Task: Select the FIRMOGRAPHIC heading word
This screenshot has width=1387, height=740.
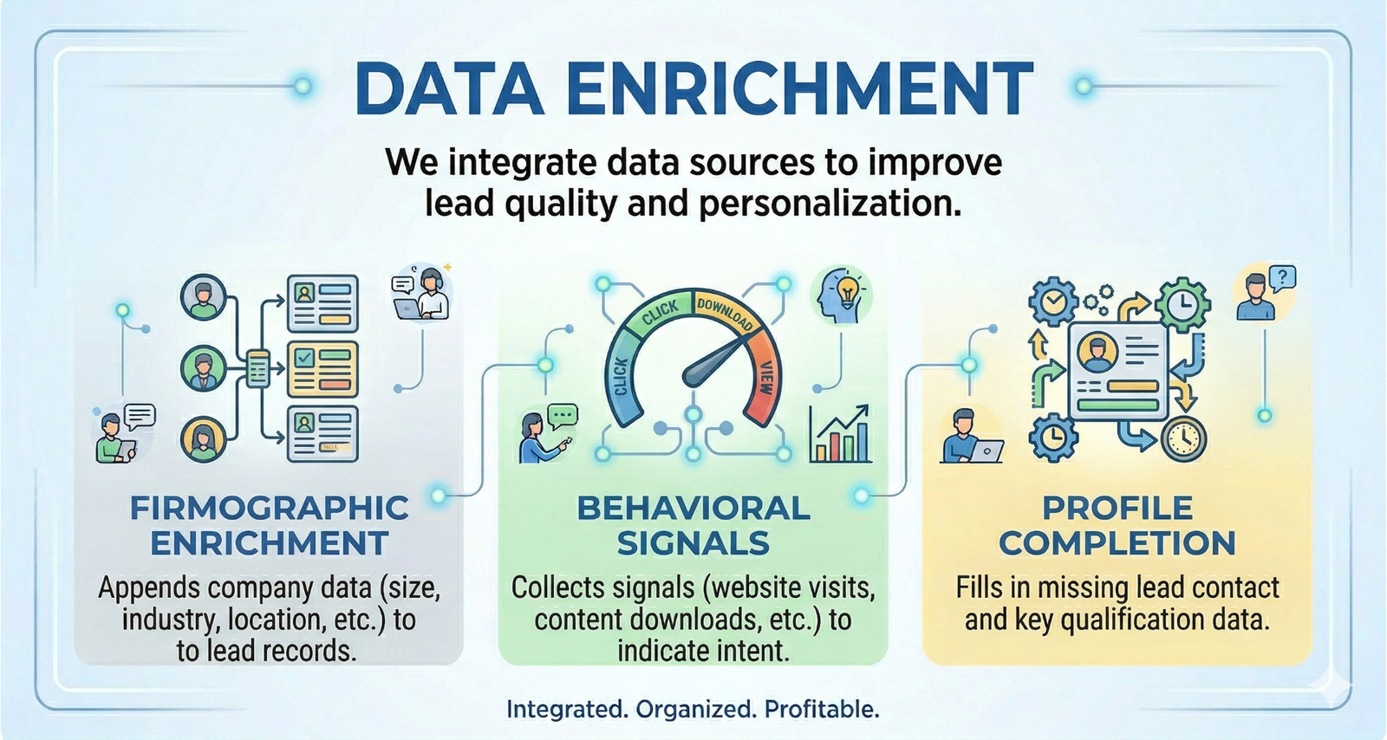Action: point(269,508)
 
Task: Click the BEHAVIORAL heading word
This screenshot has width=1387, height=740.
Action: point(693,508)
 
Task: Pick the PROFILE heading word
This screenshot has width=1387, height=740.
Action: point(1117,508)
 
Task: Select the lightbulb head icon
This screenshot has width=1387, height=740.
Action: point(841,295)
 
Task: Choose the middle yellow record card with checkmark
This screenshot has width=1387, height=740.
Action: point(322,368)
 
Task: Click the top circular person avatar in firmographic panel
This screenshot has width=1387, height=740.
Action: point(203,298)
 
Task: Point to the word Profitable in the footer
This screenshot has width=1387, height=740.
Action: point(822,710)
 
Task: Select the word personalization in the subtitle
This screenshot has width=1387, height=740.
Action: point(830,204)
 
